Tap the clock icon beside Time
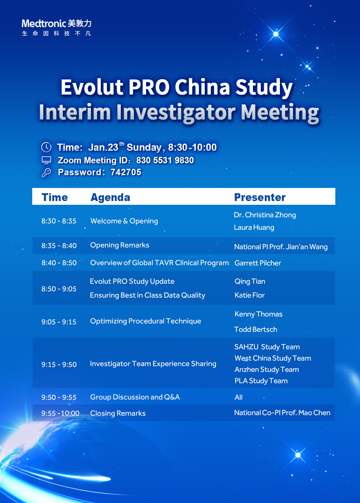[46, 147]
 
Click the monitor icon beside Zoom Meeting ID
[46, 160]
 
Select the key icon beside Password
[46, 173]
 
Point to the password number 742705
[126, 172]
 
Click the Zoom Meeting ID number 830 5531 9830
[165, 160]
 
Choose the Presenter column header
[260, 197]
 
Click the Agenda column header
[110, 197]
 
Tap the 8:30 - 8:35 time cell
[59, 221]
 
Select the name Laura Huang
[254, 227]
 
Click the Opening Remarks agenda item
[120, 245]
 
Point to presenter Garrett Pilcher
[258, 263]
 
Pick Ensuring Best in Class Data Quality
[147, 295]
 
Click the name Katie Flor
[250, 295]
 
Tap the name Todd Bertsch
[256, 330]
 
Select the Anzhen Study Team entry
[267, 370]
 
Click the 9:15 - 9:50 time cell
[59, 365]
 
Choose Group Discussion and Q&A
[135, 397]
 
